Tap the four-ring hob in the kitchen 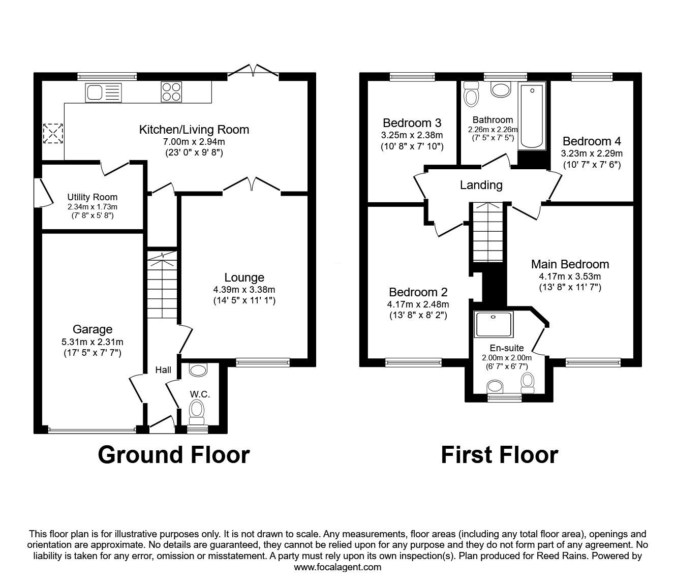tap(171, 93)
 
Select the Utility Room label tap(92, 197)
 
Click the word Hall tap(163, 371)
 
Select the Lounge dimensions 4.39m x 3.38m tap(244, 289)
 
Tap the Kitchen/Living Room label tap(194, 130)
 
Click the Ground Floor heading tap(173, 454)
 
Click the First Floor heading tap(499, 454)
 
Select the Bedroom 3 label tap(412, 123)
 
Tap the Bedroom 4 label tap(592, 141)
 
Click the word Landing tap(481, 185)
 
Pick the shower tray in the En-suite tap(493, 324)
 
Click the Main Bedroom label tap(570, 264)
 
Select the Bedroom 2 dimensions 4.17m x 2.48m tap(418, 304)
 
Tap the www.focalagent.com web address tap(337, 567)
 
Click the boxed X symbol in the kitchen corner tap(51, 134)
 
